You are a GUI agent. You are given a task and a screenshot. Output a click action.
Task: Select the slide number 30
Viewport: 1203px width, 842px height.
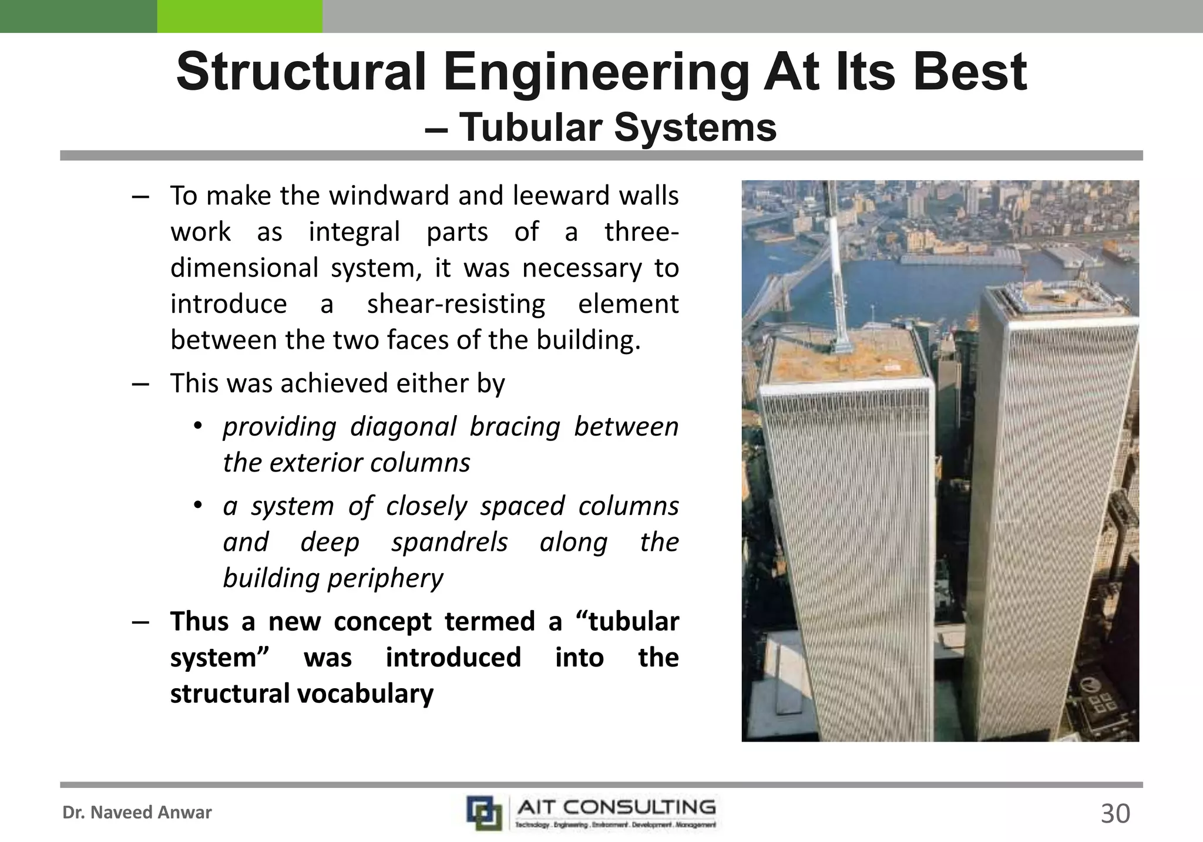point(1115,814)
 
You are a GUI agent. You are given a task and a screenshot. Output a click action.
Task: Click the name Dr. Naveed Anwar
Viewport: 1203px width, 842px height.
point(137,813)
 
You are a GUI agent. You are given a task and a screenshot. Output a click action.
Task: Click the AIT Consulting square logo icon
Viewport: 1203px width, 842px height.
point(484,813)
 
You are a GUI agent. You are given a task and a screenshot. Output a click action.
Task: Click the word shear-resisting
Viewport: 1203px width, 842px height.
point(456,304)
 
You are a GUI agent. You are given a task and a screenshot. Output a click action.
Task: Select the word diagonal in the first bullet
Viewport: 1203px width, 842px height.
point(403,426)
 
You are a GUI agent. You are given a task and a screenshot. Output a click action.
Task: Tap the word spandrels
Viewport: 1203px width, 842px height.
point(449,542)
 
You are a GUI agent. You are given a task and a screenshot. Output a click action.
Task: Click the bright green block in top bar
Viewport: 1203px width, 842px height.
point(240,16)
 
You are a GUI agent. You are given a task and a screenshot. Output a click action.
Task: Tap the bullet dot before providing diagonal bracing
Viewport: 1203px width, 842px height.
point(198,426)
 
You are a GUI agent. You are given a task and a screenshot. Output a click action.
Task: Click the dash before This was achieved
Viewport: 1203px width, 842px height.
point(140,383)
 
